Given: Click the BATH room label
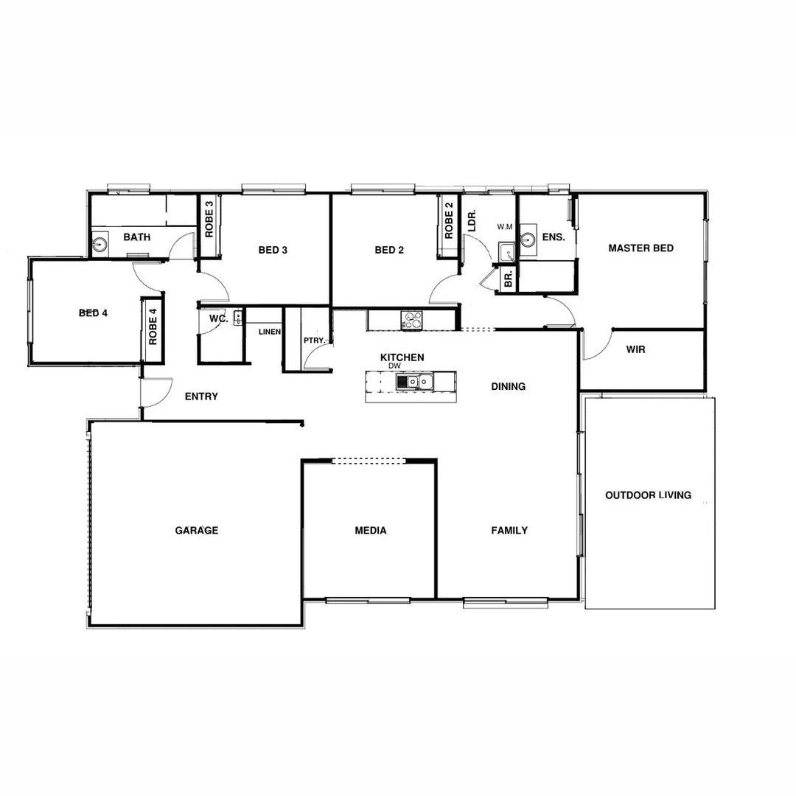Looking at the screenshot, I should point(137,237).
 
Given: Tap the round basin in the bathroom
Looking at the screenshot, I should point(100,243).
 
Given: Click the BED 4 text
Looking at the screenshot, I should point(94,313).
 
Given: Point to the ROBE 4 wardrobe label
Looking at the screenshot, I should point(153,327).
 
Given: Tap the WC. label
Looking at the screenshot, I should point(217,319).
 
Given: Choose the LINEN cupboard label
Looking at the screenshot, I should point(269,332).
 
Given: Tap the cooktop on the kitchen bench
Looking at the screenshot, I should point(411,320).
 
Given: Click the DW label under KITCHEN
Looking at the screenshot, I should point(394,366).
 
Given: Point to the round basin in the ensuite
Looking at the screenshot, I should point(528,240).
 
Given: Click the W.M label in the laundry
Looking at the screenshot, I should point(505,226).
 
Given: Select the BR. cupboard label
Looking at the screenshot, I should point(508,279).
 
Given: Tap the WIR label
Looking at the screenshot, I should point(635,349).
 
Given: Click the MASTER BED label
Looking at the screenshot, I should point(640,248).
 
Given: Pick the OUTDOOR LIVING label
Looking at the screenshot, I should point(649,495).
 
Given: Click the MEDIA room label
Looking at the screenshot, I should point(371,531).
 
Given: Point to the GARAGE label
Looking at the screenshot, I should point(197,531).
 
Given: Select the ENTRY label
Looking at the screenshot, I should point(201,397).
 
